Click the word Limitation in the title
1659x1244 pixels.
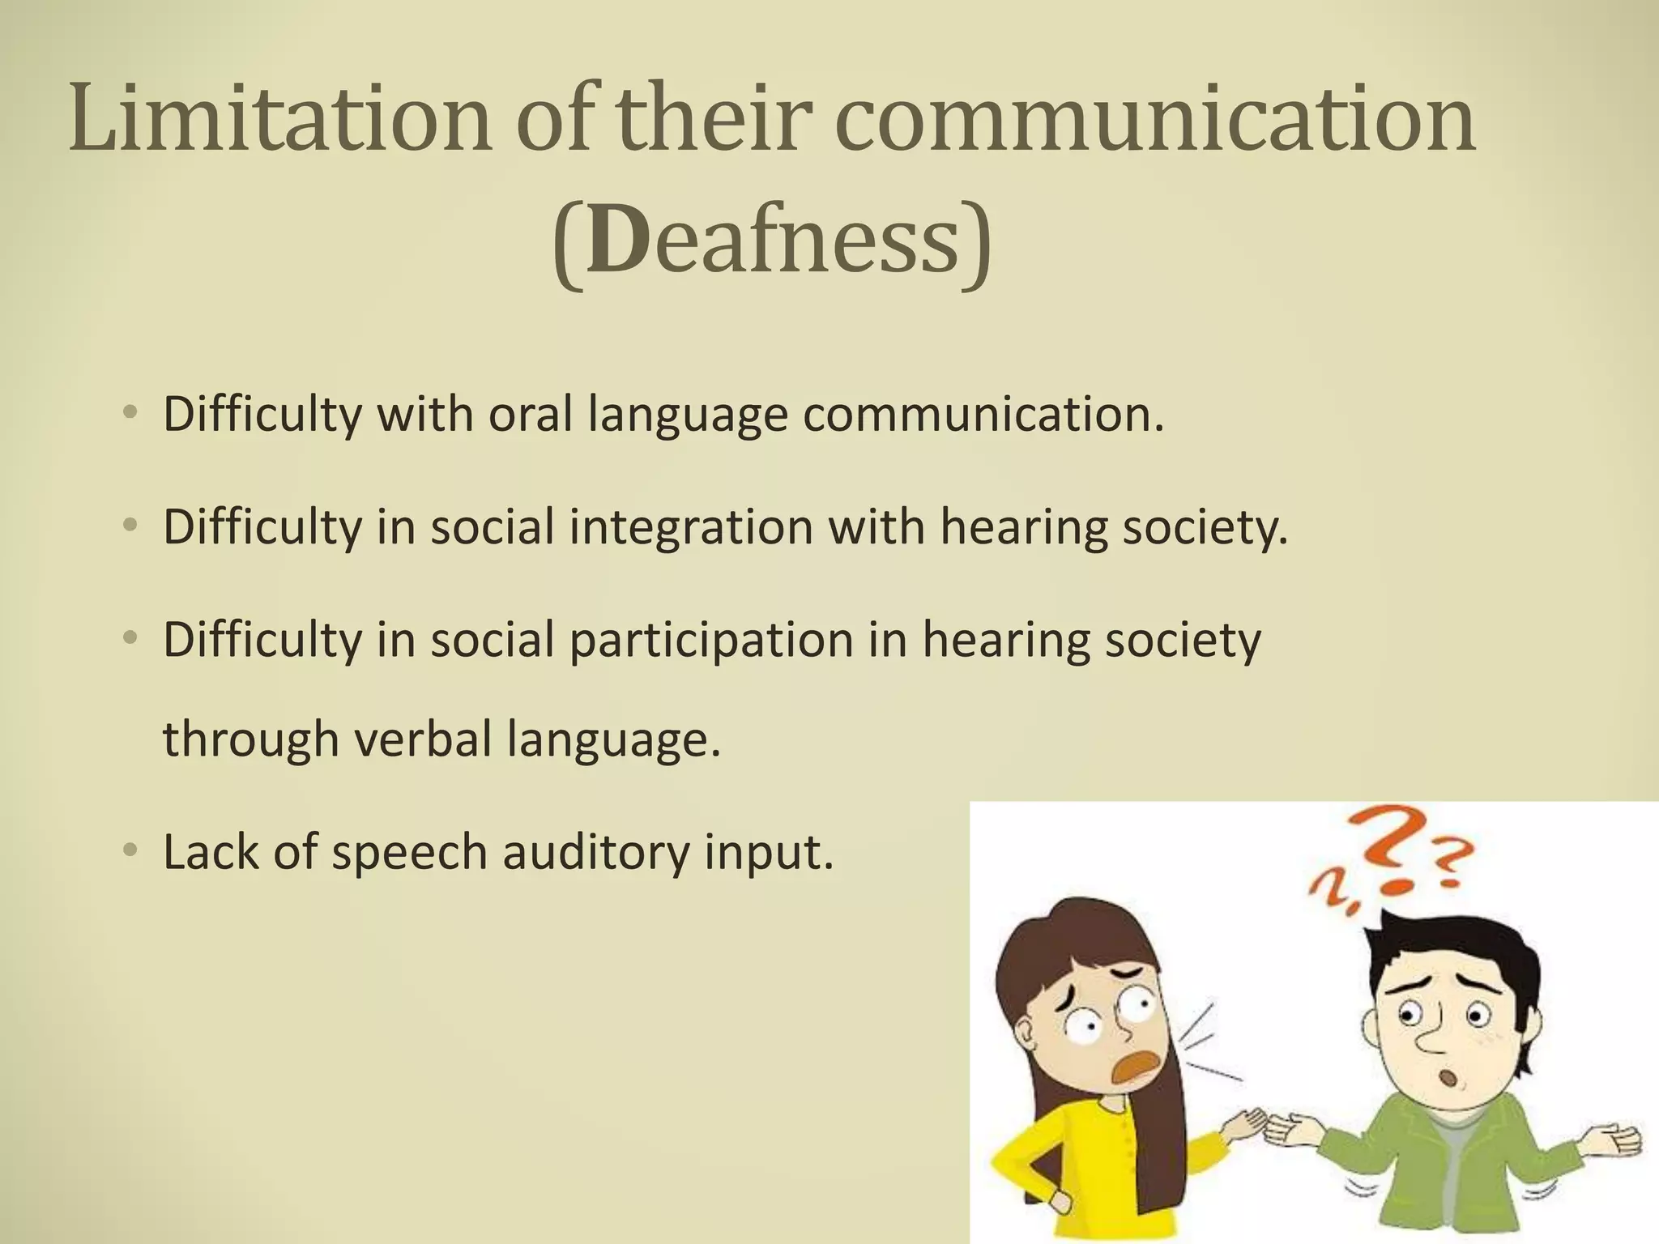point(280,120)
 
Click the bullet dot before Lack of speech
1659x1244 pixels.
point(130,851)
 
